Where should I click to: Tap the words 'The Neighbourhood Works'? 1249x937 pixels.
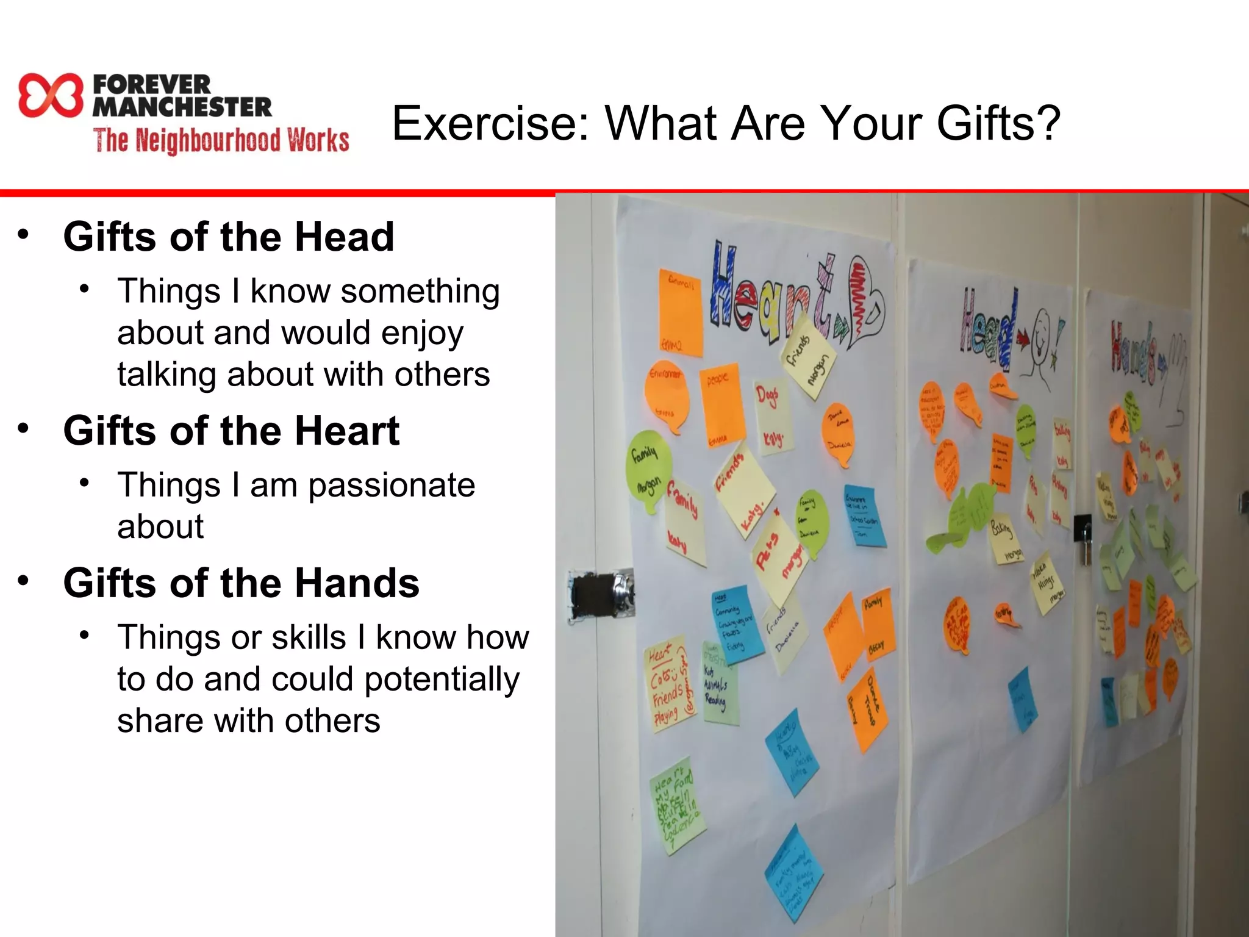[x=221, y=140]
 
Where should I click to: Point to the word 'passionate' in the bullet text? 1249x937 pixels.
[x=391, y=486]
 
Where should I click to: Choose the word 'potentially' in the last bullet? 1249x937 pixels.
[x=442, y=679]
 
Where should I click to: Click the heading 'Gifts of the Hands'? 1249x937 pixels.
[x=241, y=583]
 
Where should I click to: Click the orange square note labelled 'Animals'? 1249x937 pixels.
[x=679, y=311]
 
